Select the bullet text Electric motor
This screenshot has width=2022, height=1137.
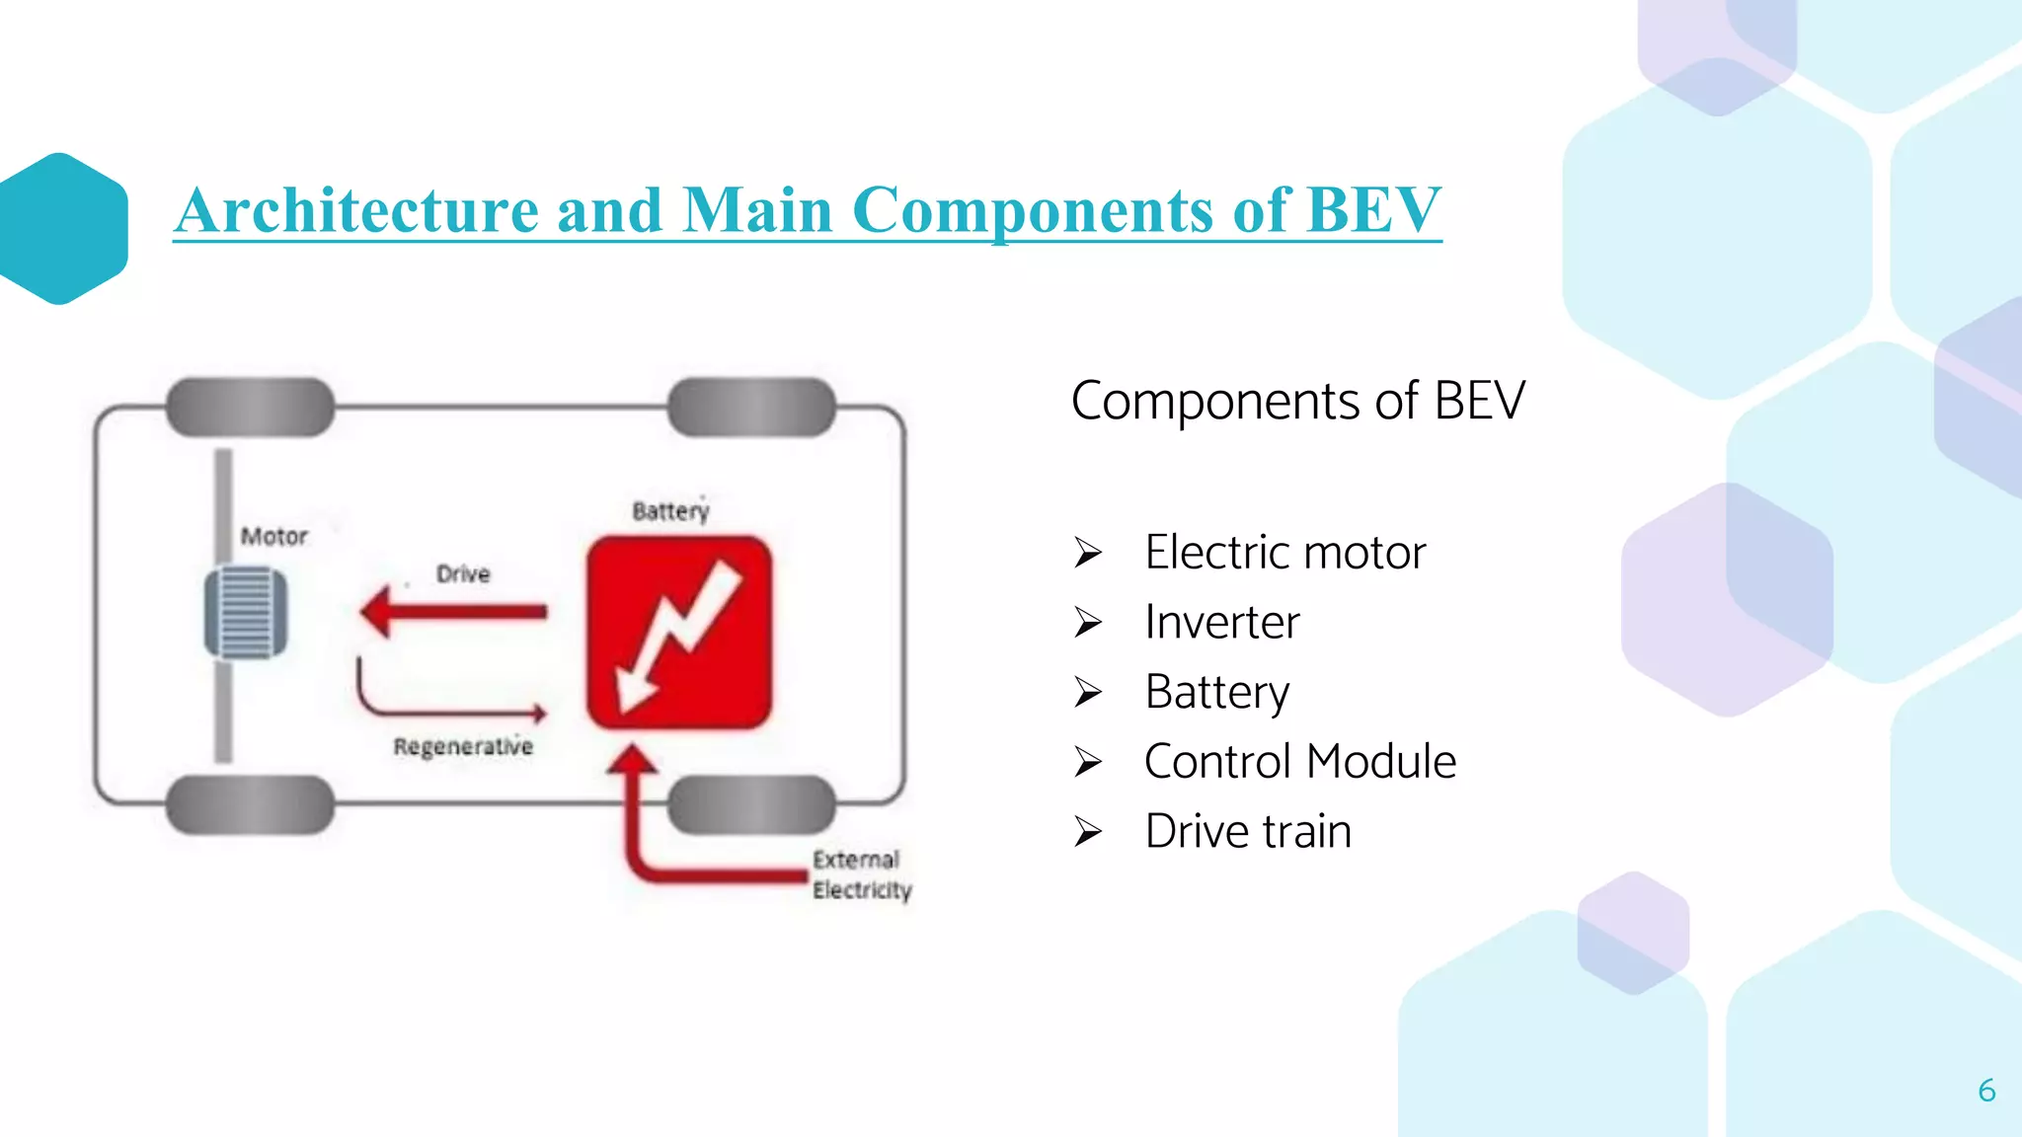tap(1284, 552)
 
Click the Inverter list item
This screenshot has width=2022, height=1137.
tap(1221, 622)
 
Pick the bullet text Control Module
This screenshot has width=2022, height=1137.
tap(1299, 761)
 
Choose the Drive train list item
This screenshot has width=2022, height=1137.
tap(1247, 831)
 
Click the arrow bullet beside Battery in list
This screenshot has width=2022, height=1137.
tap(1088, 692)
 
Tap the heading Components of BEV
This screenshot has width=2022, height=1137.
tap(1297, 401)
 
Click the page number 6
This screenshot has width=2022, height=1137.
tap(1986, 1091)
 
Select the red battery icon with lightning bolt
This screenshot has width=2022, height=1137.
tap(679, 633)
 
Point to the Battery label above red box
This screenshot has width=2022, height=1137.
tap(670, 511)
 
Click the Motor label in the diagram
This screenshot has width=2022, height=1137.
tap(274, 536)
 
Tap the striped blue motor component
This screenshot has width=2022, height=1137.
tap(246, 612)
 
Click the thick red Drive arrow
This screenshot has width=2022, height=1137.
tap(454, 612)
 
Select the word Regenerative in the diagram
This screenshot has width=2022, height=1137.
tap(463, 746)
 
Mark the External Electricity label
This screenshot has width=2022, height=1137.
tap(860, 874)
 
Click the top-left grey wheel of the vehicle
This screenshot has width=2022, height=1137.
tap(250, 407)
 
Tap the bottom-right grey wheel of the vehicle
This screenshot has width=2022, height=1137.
tap(751, 804)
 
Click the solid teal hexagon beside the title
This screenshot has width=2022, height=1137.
tap(62, 229)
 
